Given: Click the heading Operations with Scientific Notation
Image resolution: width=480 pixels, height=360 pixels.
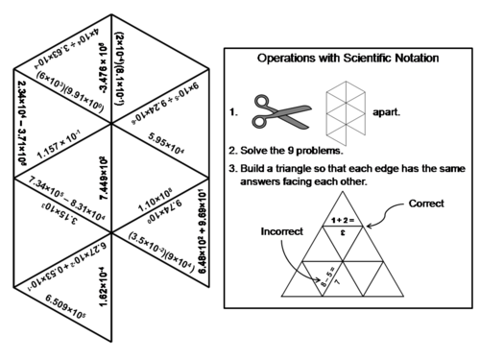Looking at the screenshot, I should coord(348,59).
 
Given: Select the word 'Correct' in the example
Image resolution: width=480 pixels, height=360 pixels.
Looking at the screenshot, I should coord(426,204).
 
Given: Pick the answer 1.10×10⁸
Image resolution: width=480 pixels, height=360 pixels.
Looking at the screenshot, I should coord(154,204).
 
